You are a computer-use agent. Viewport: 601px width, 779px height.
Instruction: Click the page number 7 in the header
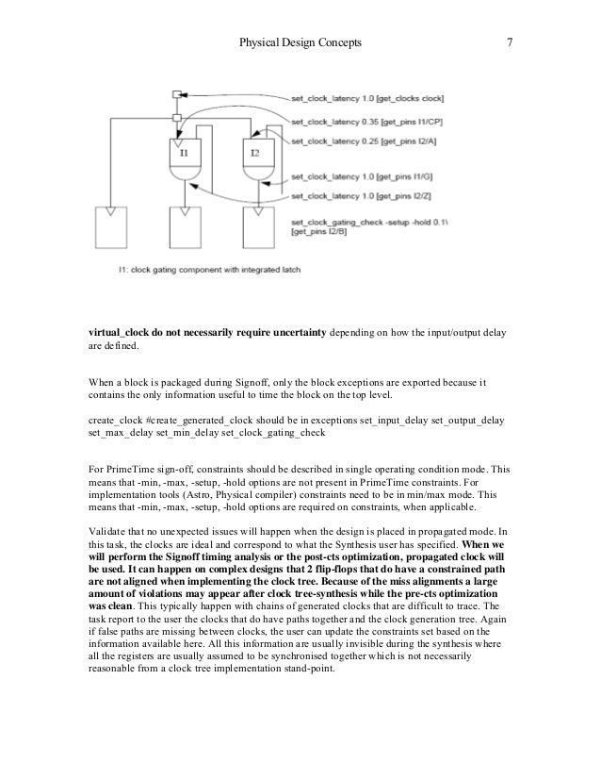tap(509, 42)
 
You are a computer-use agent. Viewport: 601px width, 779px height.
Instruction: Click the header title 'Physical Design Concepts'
tap(300, 42)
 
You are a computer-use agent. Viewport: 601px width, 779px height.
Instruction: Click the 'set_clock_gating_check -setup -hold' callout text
tap(357, 220)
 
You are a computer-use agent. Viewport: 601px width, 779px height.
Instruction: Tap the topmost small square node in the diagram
tap(176, 94)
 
